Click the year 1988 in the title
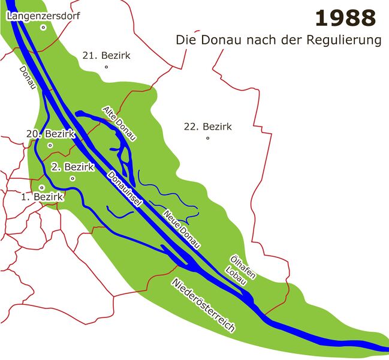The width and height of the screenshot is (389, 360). click(x=345, y=19)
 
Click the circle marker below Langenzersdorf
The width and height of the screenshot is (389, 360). click(x=43, y=27)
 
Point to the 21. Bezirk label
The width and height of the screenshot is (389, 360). click(x=106, y=55)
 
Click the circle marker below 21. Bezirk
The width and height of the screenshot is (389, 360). click(x=106, y=67)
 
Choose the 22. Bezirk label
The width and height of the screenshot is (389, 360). click(x=207, y=127)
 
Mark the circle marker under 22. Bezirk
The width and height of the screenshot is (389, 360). click(x=207, y=138)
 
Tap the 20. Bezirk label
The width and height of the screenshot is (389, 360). click(x=50, y=134)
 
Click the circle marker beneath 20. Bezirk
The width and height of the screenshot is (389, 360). click(x=50, y=145)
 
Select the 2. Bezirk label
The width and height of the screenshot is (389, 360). click(x=73, y=167)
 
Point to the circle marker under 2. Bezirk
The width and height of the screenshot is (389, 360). click(x=73, y=178)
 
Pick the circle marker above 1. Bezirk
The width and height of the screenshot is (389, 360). click(x=42, y=187)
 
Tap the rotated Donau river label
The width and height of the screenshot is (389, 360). click(x=27, y=78)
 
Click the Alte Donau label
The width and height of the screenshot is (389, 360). click(x=119, y=124)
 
